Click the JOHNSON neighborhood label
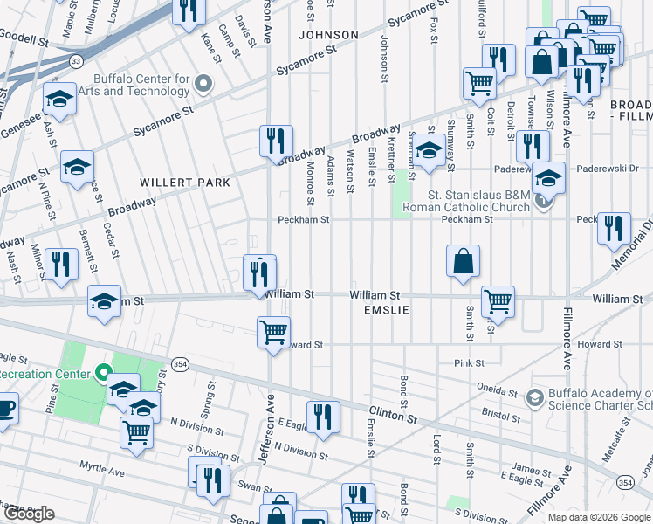[x=328, y=35]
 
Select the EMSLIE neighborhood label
[x=381, y=310]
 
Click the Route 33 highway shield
[x=77, y=60]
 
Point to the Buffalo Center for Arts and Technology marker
[x=204, y=85]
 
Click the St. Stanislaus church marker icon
[x=543, y=201]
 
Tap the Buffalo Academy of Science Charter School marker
[x=535, y=398]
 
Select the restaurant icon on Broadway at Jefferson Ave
[x=276, y=141]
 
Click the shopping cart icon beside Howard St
[x=274, y=332]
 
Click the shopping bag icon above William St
[x=463, y=260]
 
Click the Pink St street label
[x=469, y=362]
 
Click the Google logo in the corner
[x=28, y=514]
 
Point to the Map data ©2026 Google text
[x=599, y=517]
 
